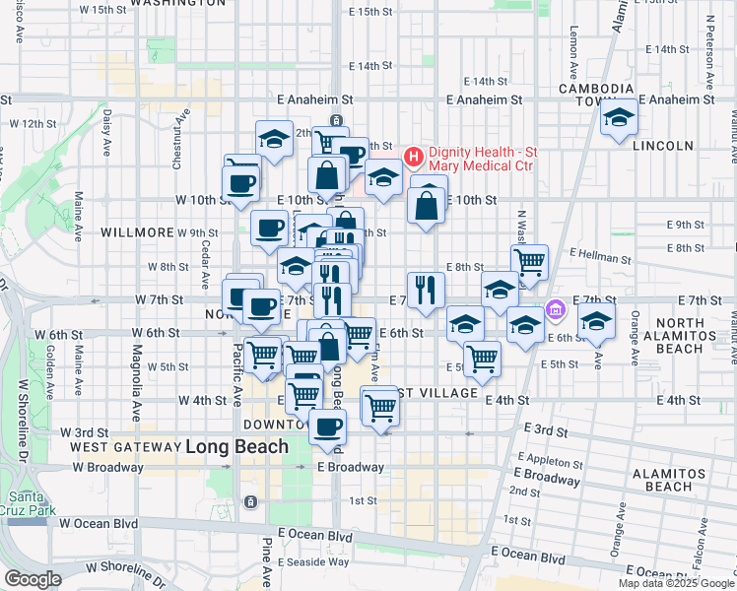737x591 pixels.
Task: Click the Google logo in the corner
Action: pos(33,579)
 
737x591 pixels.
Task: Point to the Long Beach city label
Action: pos(237,446)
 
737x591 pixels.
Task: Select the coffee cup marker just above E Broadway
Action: pos(328,427)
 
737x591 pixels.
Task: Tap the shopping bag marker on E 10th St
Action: pos(425,207)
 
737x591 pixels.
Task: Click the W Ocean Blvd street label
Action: pos(98,524)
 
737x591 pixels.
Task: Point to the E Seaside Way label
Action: pos(313,561)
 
